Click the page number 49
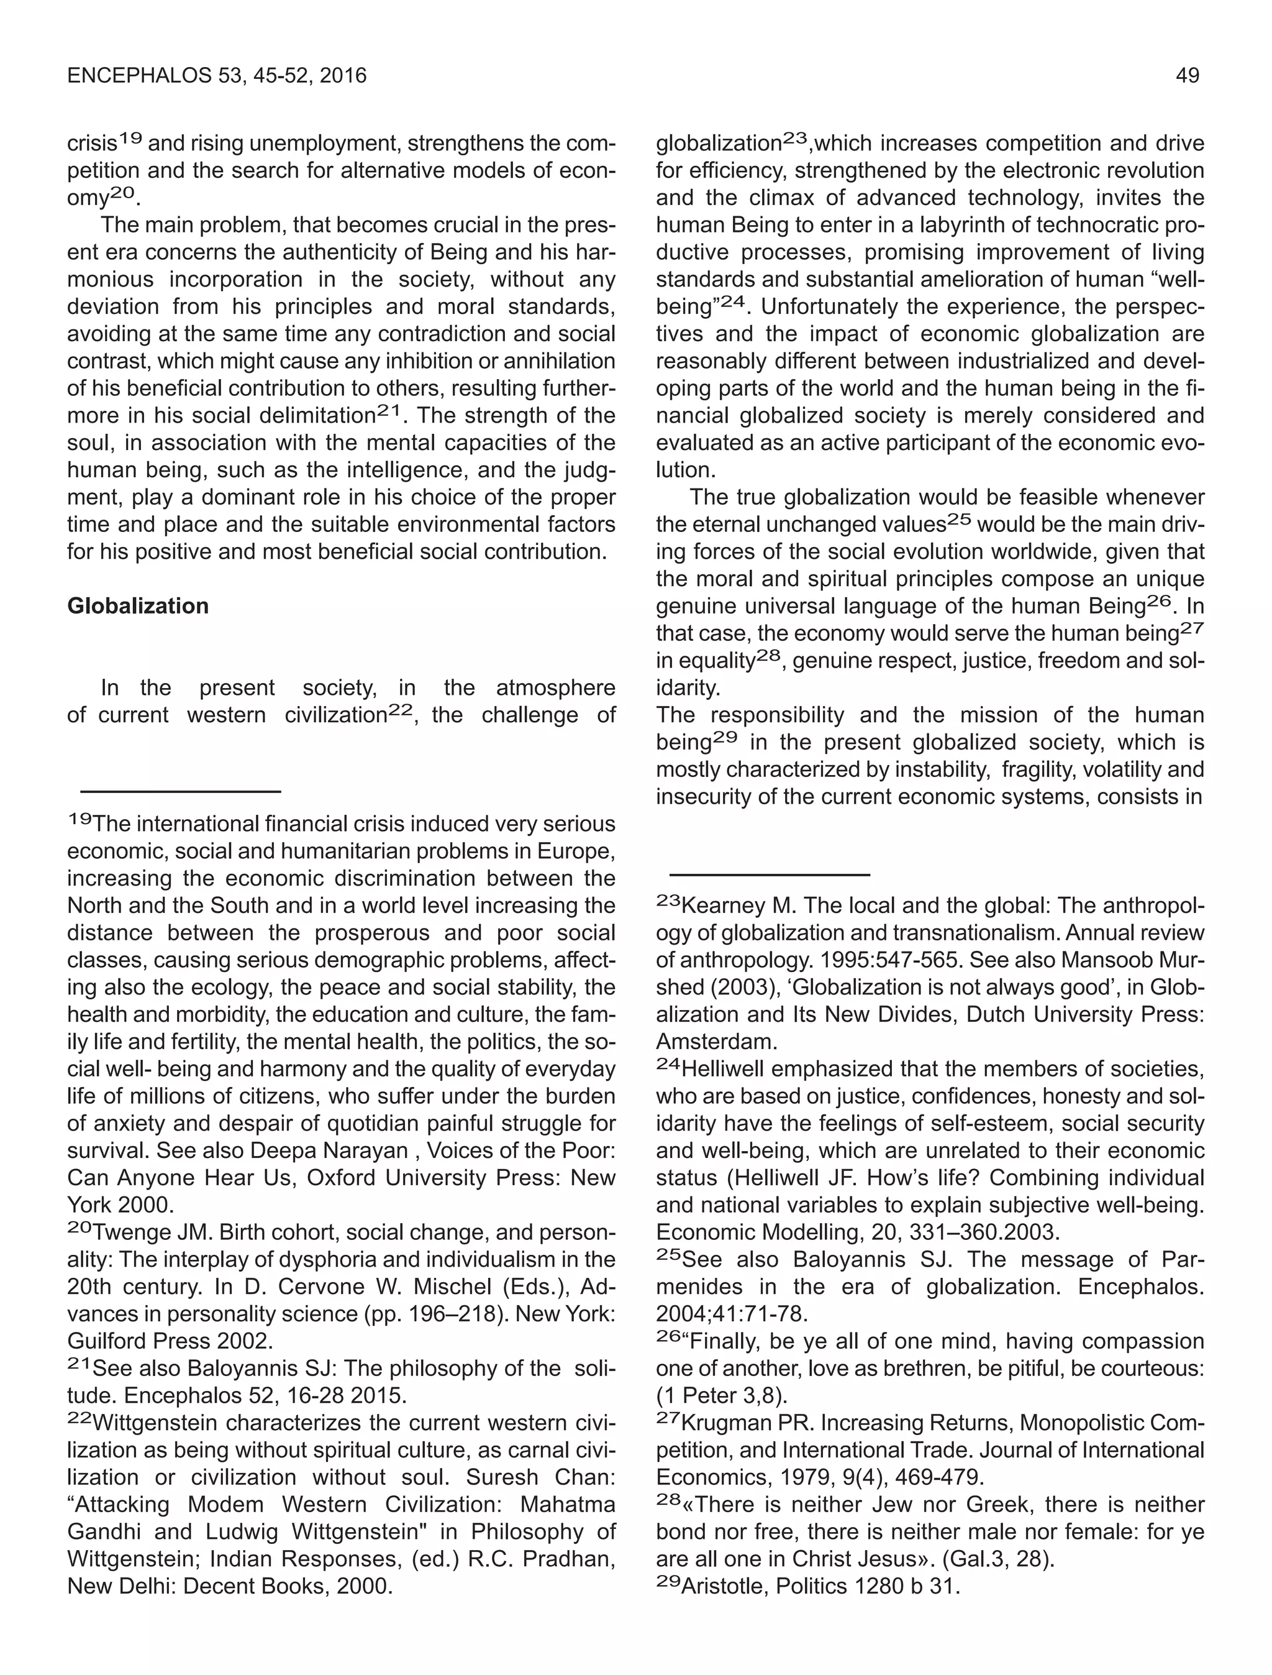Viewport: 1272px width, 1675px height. coord(1187,76)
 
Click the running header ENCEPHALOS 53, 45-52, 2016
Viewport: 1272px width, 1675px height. coord(217,76)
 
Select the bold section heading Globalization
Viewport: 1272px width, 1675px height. coord(138,606)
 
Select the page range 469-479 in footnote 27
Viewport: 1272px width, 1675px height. coord(938,1478)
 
